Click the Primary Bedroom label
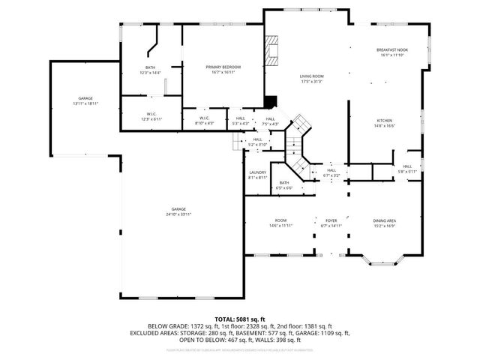point(223,70)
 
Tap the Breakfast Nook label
point(391,52)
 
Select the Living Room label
point(311,79)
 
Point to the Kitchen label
point(385,123)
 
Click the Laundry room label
point(257,175)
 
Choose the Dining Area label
point(385,223)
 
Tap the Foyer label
point(331,223)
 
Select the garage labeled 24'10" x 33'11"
point(178,211)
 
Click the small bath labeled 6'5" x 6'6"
point(284,185)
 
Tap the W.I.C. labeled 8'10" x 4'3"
point(205,120)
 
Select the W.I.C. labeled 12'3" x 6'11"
point(151,117)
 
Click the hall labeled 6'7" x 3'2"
point(331,172)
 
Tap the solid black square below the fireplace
point(271,101)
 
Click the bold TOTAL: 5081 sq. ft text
point(240,319)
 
